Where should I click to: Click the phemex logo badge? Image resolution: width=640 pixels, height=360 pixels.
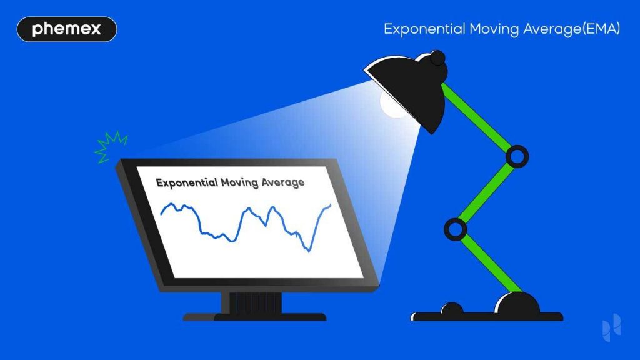click(x=67, y=29)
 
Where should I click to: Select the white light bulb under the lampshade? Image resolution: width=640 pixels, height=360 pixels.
click(x=393, y=105)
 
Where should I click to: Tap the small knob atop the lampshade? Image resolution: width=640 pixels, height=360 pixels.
click(x=437, y=58)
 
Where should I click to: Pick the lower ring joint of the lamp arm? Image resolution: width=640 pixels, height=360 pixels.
click(x=456, y=229)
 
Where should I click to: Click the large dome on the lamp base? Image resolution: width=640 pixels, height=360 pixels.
click(x=517, y=304)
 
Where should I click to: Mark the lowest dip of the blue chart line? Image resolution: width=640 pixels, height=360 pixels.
click(x=308, y=251)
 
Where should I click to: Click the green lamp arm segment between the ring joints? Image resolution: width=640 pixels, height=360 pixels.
click(x=486, y=193)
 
